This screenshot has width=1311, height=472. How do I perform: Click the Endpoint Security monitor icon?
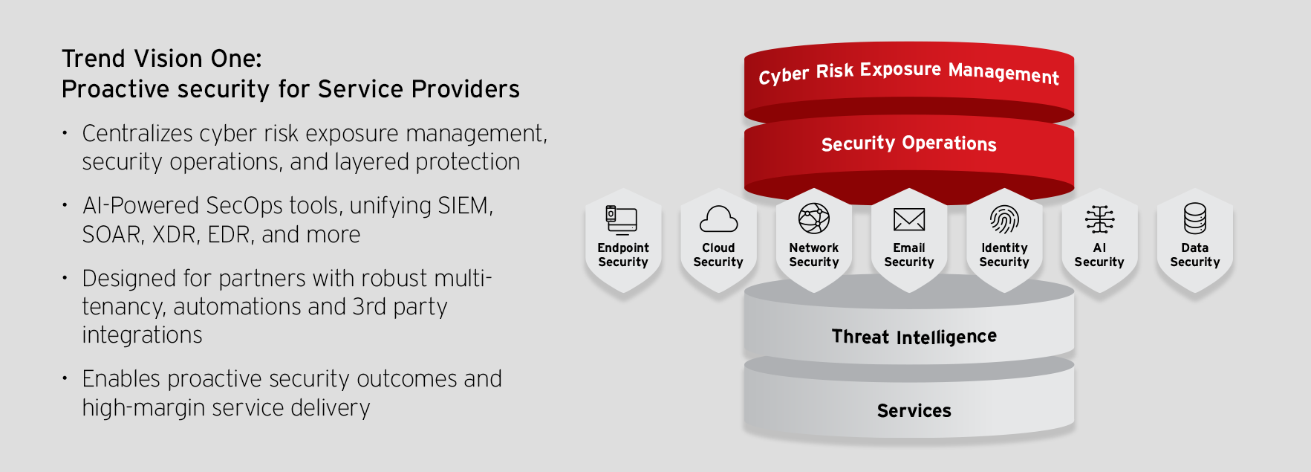tap(622, 221)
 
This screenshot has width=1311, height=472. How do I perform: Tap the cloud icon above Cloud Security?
tap(718, 219)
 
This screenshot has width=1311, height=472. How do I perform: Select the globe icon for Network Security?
tap(814, 219)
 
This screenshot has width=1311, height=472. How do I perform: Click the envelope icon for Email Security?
tap(909, 220)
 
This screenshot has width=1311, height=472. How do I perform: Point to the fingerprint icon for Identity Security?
tap(1004, 219)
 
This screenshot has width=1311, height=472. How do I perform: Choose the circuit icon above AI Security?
tap(1099, 220)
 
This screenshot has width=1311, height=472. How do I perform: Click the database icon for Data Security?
tap(1195, 219)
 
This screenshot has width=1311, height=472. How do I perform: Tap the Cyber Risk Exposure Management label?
tap(909, 73)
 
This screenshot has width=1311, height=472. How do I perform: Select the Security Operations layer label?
tap(909, 143)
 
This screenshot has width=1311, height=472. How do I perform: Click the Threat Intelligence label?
tap(914, 337)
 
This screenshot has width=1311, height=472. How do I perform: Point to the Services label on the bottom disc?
tap(914, 410)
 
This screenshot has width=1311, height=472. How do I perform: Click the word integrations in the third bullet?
tap(142, 335)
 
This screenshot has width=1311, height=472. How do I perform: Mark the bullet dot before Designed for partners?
tap(65, 279)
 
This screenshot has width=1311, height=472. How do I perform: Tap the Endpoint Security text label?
tap(623, 255)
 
